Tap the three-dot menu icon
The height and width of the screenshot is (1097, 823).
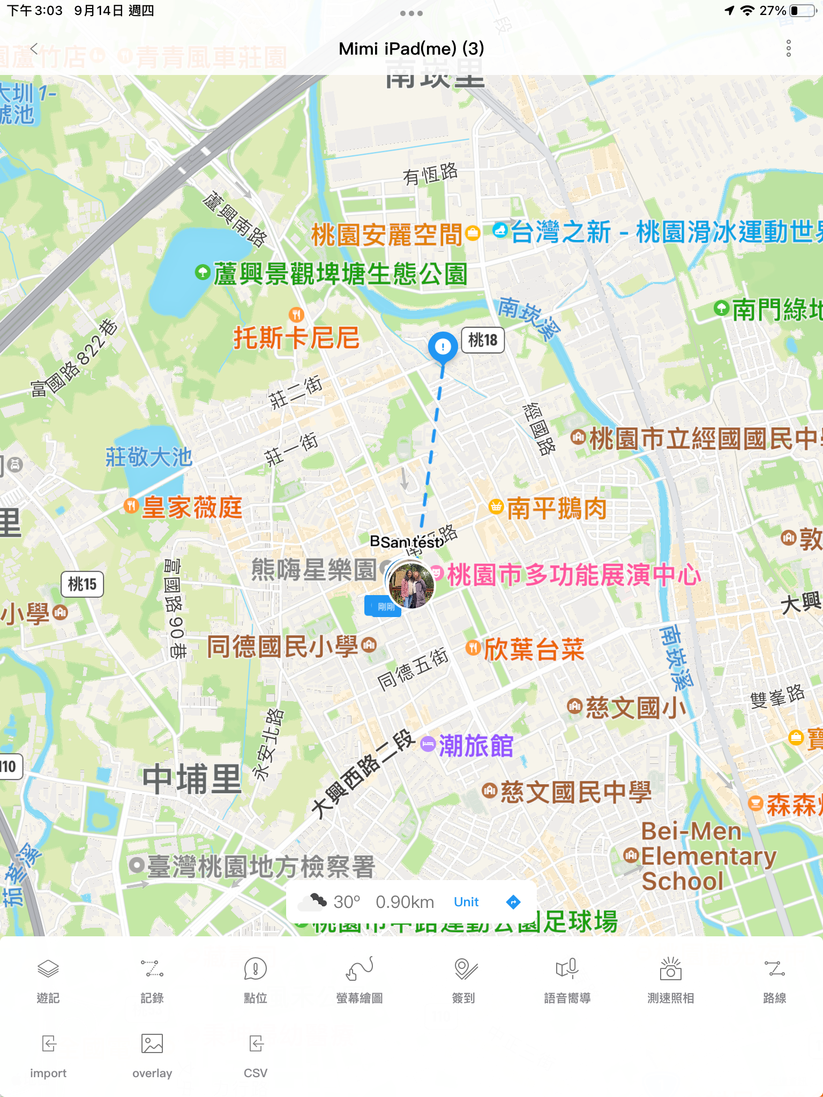point(788,49)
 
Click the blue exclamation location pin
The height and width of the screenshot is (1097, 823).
point(443,347)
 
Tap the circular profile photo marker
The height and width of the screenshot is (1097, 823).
point(411,585)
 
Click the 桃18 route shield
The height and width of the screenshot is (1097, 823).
point(483,340)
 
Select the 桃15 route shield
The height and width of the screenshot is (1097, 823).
point(82,584)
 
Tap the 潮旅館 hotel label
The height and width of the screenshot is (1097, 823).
point(475,746)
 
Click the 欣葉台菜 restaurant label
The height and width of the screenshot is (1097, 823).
point(533,650)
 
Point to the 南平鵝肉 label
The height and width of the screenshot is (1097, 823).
point(556,508)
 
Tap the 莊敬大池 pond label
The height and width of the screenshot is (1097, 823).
point(149,457)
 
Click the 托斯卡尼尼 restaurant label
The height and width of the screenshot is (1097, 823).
point(296,337)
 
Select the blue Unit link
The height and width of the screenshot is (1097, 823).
point(466,902)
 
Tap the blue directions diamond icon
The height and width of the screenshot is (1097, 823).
point(513,902)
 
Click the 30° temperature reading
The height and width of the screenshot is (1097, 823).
point(347,902)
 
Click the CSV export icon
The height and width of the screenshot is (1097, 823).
point(256,1044)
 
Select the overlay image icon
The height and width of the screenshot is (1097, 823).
point(152,1044)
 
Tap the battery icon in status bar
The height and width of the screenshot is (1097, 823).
point(803,11)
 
